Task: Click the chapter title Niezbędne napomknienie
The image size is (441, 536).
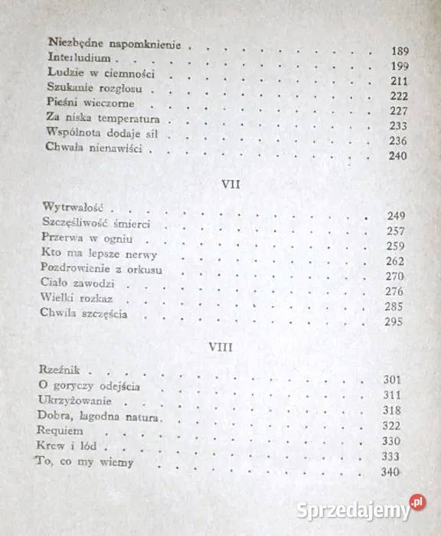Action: tap(114, 44)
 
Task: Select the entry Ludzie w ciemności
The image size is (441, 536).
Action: tap(100, 74)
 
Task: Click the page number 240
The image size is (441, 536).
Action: tap(397, 157)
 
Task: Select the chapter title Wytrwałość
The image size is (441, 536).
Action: tap(78, 208)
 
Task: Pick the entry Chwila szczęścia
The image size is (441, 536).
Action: tap(85, 315)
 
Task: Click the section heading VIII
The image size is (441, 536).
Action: tap(220, 347)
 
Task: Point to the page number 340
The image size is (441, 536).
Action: tap(390, 476)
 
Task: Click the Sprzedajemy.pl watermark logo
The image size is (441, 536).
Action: tap(366, 508)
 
